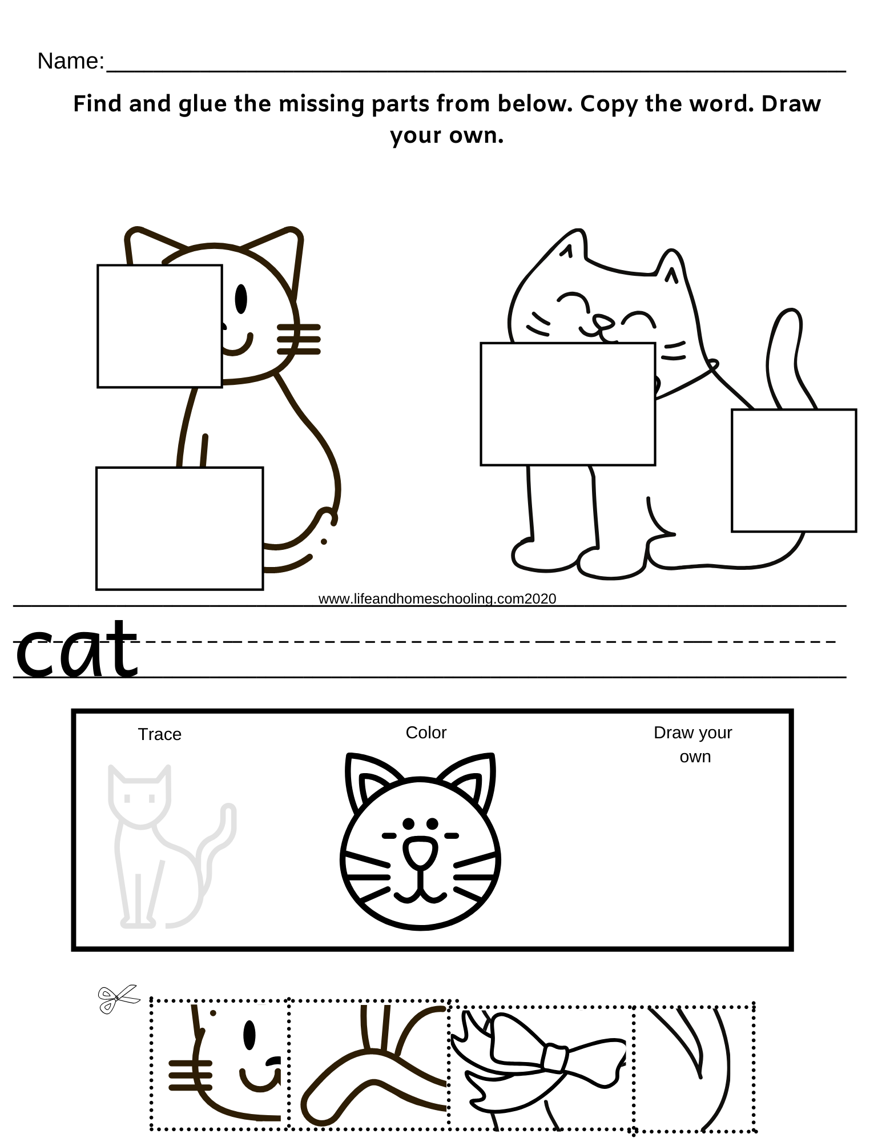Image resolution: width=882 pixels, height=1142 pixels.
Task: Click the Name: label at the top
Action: [70, 61]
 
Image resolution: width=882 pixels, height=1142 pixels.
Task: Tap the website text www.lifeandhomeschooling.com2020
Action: [437, 598]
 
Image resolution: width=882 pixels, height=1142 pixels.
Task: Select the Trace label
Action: [159, 734]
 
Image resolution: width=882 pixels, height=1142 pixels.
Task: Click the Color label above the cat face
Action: [426, 733]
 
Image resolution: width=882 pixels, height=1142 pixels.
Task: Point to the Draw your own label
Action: [693, 744]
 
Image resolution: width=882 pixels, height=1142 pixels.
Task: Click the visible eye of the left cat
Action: [241, 298]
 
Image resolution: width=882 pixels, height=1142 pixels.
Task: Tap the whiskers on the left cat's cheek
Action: [299, 339]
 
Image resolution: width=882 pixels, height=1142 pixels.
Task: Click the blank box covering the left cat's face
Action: [159, 326]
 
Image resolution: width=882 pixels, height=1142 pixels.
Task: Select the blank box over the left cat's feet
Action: [179, 528]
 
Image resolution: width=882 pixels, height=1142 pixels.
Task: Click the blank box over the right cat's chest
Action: [567, 404]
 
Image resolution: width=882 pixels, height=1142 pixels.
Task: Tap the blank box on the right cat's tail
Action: [794, 470]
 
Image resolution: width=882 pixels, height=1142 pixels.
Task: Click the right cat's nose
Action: [601, 321]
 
